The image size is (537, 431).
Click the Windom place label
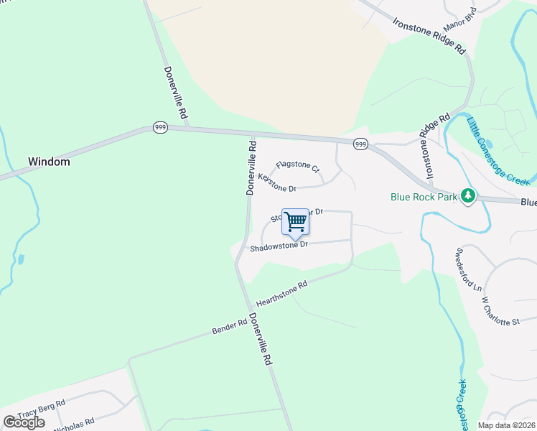[49, 162]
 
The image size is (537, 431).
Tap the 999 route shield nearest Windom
[160, 127]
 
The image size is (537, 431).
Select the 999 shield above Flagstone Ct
[360, 144]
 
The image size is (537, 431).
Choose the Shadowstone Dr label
[279, 246]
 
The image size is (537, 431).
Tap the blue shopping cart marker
[296, 223]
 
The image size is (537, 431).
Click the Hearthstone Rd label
[281, 293]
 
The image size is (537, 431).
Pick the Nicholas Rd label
[75, 423]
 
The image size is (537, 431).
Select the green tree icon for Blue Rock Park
[468, 195]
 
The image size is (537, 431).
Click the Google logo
[24, 422]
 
